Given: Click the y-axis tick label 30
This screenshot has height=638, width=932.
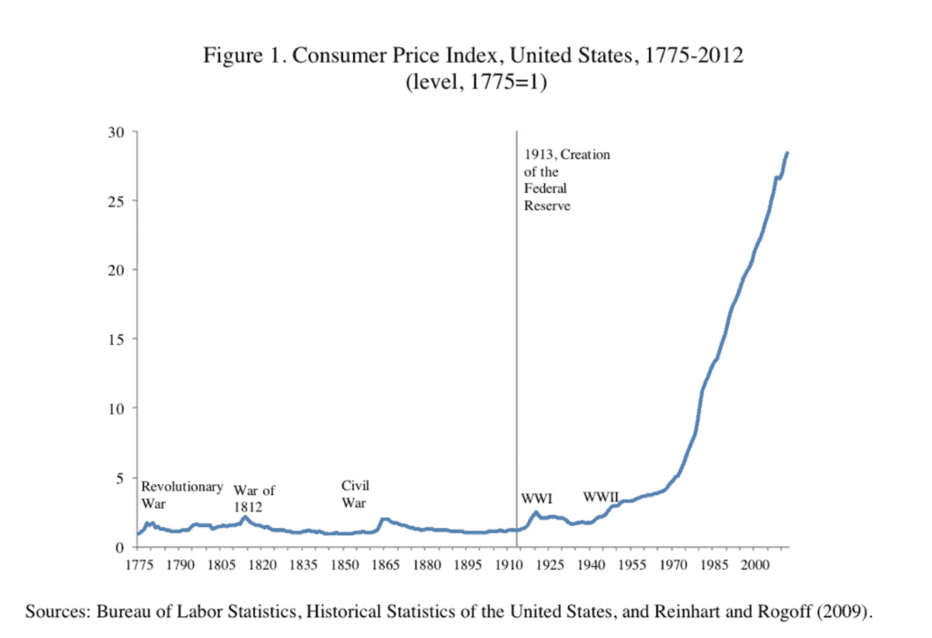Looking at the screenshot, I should [x=116, y=132].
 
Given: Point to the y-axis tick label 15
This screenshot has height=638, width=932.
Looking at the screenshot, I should [x=116, y=339].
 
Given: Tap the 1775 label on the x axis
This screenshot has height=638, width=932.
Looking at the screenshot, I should [x=137, y=565].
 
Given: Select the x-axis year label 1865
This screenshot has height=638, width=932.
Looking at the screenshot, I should [x=386, y=565].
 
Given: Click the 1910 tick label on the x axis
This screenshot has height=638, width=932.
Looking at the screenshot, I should [x=509, y=565].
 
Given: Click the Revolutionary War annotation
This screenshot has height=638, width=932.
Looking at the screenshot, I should [x=181, y=494].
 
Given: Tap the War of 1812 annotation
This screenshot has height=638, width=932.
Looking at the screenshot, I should [x=254, y=498].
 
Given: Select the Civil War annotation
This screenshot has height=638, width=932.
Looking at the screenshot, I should [x=355, y=493].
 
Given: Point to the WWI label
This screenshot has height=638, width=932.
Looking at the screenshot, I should [x=537, y=498].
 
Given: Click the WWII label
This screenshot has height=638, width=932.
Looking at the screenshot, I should [x=601, y=497].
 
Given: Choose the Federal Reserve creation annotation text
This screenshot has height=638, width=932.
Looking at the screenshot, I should [x=566, y=180].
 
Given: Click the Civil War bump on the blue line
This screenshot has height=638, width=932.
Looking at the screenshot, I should [x=385, y=520].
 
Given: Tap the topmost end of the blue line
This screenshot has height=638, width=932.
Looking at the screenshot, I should [x=787, y=153].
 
